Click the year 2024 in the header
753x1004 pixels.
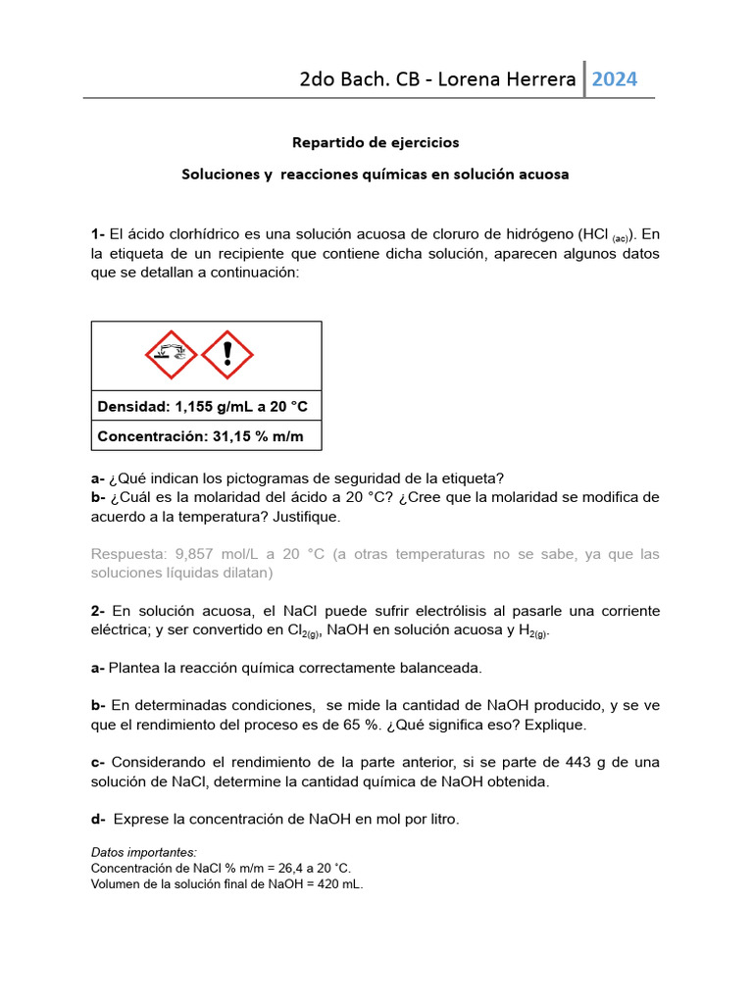pos(615,79)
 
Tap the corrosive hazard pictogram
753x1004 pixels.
pos(171,355)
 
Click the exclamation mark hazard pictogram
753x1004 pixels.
pos(227,355)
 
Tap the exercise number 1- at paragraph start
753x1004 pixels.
pos(98,233)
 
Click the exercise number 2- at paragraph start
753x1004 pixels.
pos(98,611)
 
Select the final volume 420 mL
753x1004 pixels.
pos(338,883)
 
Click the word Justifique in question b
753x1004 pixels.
pos(306,516)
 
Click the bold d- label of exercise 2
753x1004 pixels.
pos(98,819)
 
